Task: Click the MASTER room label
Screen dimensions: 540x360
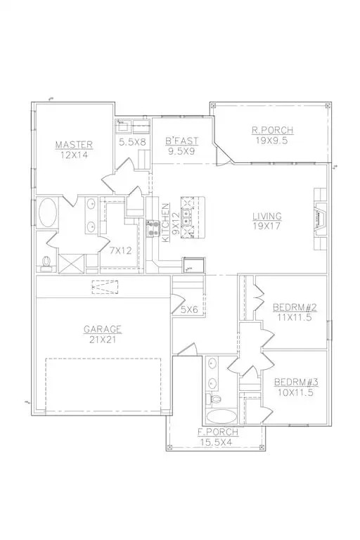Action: tap(74, 146)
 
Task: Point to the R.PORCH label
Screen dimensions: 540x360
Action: tap(273, 130)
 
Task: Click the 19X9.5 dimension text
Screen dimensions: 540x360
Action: tap(273, 140)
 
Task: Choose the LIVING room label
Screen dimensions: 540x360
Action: tap(268, 217)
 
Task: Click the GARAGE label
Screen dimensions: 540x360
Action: tap(103, 328)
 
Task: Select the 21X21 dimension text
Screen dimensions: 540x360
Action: tap(103, 339)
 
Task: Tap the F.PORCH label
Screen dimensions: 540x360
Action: tap(218, 432)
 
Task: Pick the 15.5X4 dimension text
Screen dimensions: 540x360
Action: tap(218, 442)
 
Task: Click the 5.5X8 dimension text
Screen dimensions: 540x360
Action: tap(132, 141)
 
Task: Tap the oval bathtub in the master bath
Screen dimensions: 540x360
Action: tap(48, 214)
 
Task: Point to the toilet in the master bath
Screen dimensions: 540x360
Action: tap(47, 262)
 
